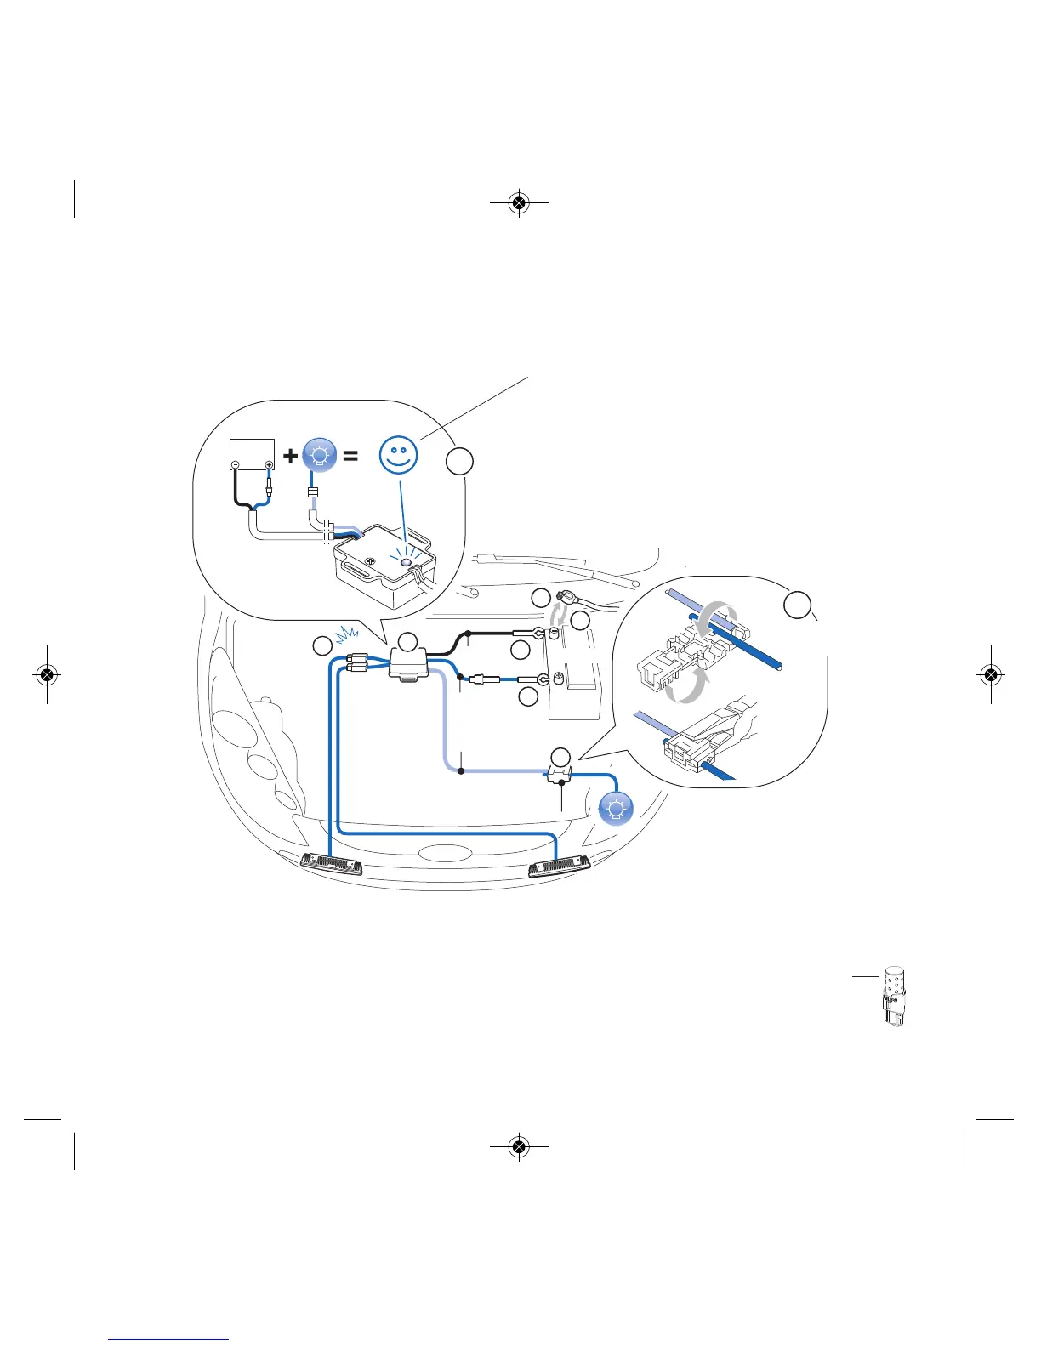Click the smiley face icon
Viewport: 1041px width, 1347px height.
pos(398,455)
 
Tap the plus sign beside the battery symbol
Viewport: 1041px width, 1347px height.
pos(291,456)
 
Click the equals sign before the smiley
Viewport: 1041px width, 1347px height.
pos(350,456)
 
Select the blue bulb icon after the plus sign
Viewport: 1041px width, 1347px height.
pos(320,456)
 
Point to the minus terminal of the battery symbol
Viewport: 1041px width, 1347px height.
pos(236,464)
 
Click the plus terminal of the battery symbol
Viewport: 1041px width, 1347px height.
pos(269,464)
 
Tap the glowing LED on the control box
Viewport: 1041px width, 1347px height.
pos(406,560)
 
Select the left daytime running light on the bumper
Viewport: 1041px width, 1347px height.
pos(333,864)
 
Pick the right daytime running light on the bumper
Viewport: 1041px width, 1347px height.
pos(559,867)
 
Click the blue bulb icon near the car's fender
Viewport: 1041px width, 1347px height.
pos(616,808)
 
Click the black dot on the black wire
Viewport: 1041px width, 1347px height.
pos(469,634)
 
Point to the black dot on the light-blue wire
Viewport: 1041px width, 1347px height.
pos(460,771)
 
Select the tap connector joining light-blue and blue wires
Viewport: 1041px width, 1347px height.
pos(558,773)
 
